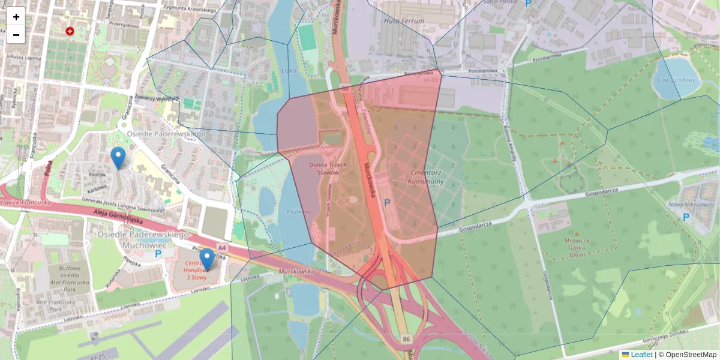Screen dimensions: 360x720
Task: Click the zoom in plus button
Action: [x=16, y=17]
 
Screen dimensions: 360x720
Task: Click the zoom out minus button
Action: [x=16, y=35]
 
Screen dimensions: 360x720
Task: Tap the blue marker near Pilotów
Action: [x=118, y=158]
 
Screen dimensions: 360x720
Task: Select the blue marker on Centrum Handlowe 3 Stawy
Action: [x=207, y=260]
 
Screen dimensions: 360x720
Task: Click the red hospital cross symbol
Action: [x=70, y=31]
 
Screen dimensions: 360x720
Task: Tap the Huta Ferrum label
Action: [x=403, y=21]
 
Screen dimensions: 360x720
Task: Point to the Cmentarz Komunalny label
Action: [x=425, y=176]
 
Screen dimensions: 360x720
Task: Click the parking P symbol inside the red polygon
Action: [x=388, y=203]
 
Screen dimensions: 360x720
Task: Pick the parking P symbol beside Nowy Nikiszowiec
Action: [x=685, y=217]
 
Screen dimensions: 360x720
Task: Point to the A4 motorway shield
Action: [x=222, y=247]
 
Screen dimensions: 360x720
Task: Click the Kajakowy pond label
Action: [x=298, y=212]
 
